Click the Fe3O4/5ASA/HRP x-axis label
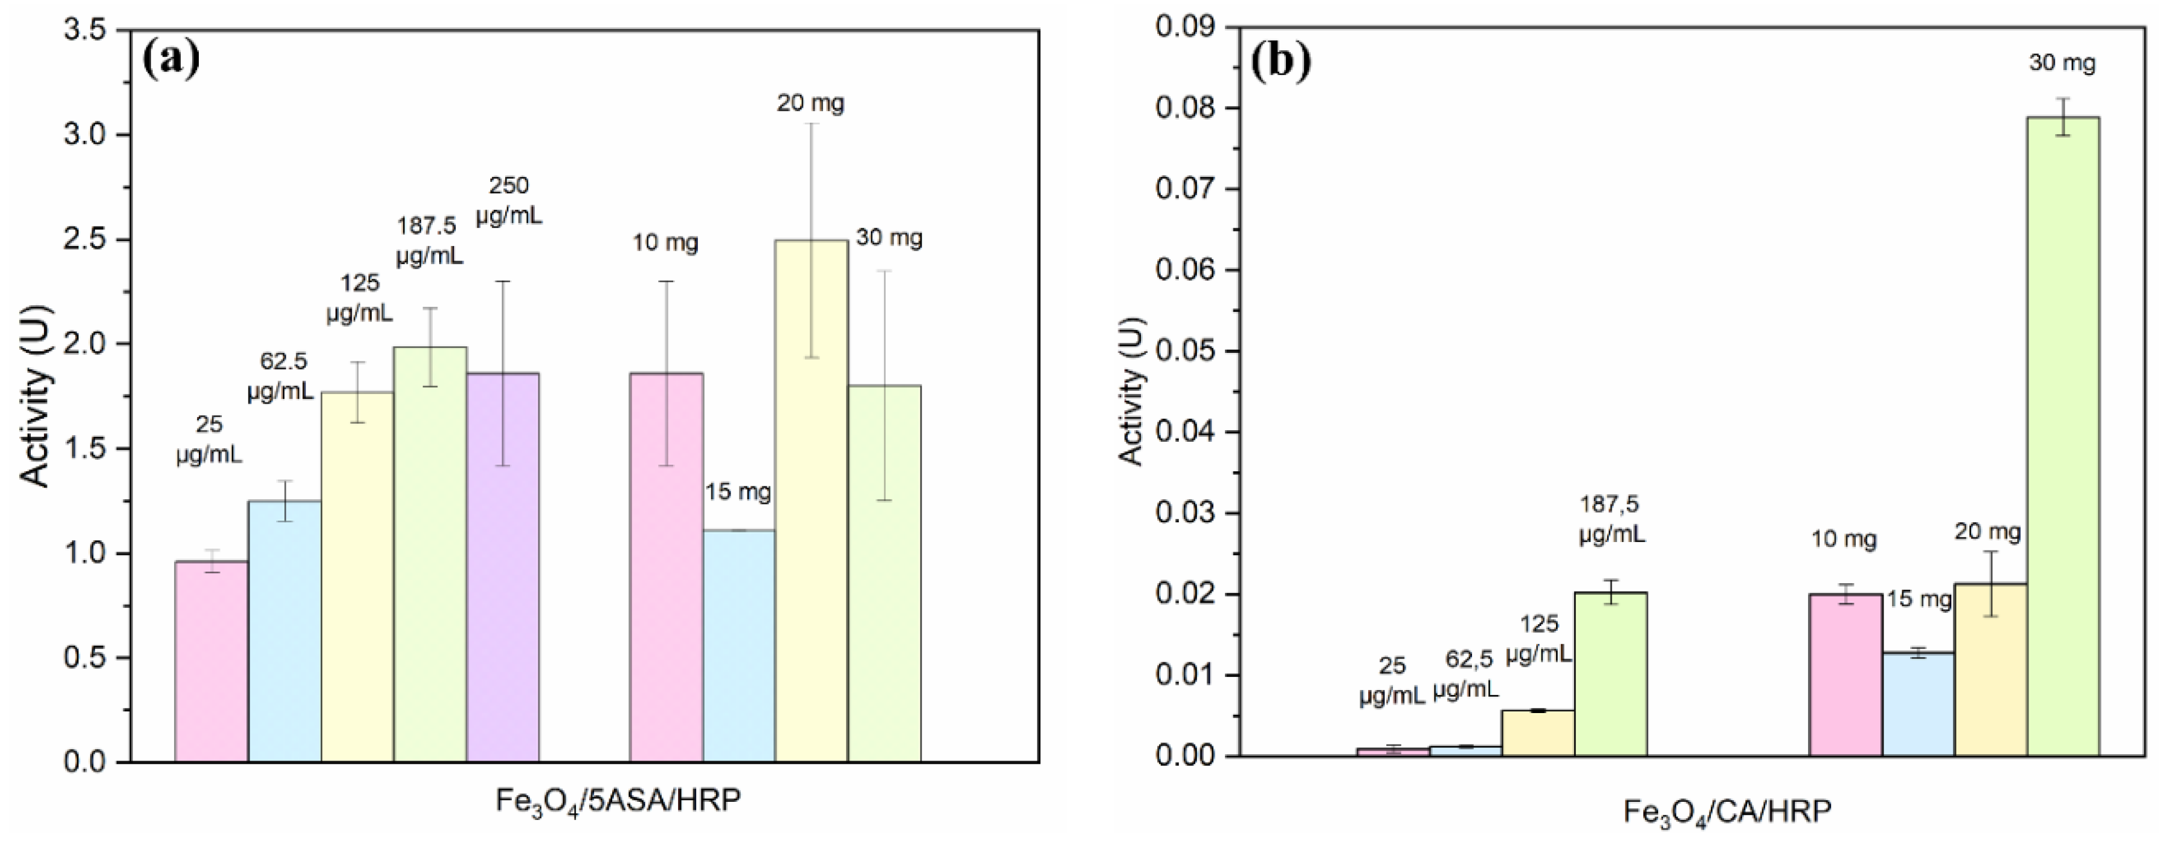point(618,799)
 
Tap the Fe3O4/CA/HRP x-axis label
point(1727,812)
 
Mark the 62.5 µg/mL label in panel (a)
point(281,376)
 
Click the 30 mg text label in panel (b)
point(2062,63)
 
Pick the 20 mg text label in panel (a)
point(809,103)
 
